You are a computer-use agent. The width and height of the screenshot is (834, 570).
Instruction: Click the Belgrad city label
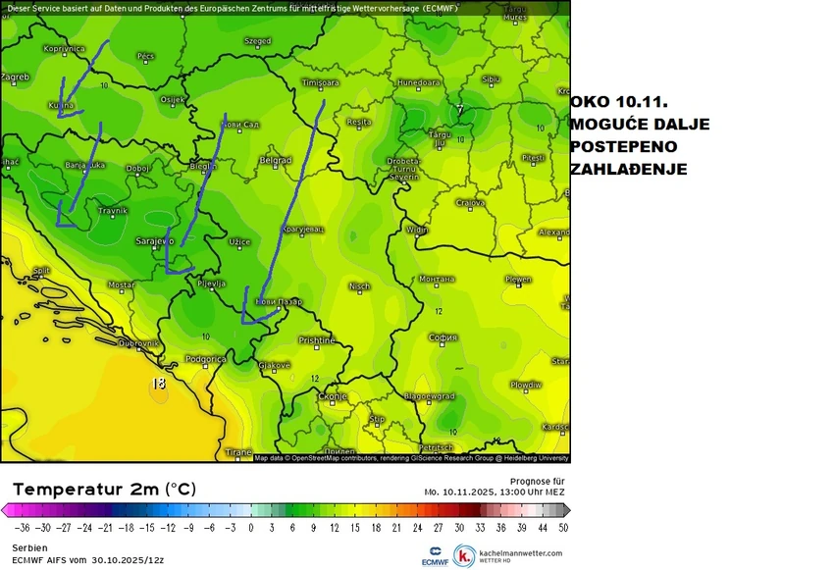(x=276, y=160)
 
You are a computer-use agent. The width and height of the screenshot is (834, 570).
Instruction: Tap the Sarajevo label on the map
(x=155, y=240)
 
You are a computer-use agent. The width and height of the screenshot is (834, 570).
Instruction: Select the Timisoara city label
(x=320, y=82)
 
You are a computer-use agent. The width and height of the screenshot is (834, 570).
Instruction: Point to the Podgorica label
(x=207, y=359)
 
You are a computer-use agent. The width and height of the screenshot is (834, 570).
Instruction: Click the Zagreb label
(x=15, y=77)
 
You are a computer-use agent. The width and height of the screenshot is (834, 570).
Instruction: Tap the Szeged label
(x=258, y=41)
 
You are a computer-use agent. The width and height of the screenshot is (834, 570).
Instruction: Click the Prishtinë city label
(x=317, y=340)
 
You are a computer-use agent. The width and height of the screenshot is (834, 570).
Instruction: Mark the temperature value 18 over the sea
(x=159, y=384)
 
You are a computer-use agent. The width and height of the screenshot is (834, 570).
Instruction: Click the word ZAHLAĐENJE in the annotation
(x=628, y=170)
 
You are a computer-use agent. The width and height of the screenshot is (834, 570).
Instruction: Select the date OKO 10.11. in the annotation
(x=618, y=102)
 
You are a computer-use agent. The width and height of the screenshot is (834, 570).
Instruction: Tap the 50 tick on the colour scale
(x=561, y=527)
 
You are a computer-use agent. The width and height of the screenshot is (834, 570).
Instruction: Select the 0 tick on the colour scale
(x=252, y=527)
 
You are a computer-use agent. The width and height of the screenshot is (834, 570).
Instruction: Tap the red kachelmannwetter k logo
(x=463, y=555)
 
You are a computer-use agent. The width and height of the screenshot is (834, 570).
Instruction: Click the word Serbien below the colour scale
(x=29, y=547)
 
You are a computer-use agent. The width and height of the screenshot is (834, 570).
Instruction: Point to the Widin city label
(x=418, y=230)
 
